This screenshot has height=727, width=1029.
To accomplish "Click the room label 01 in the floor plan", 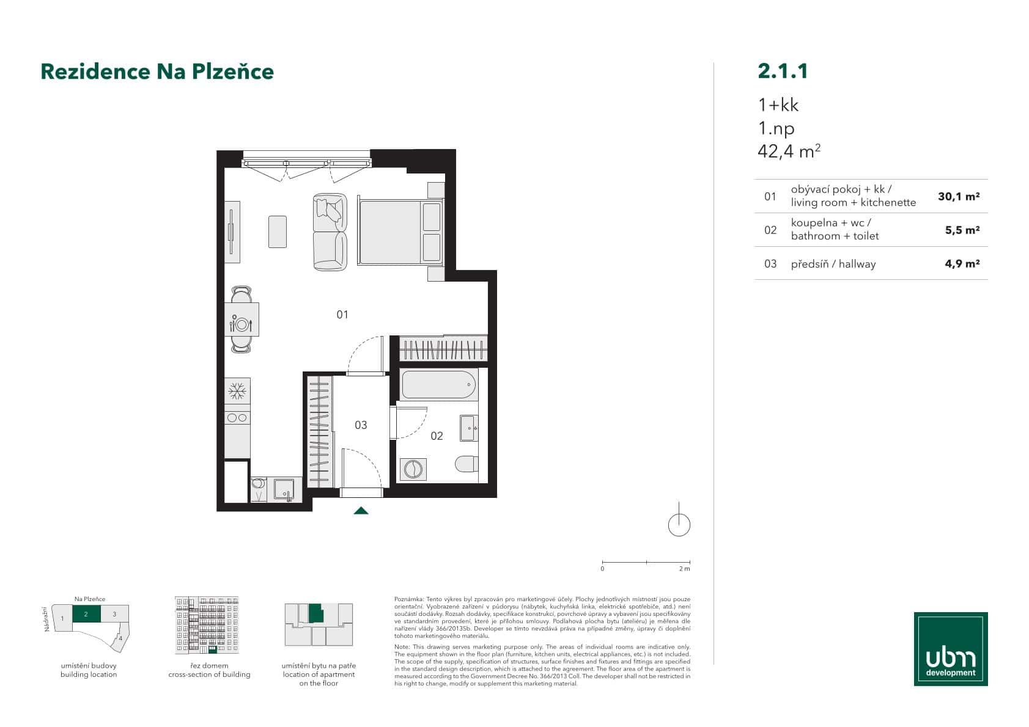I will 342,315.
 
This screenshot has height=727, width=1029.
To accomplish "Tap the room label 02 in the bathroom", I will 437,436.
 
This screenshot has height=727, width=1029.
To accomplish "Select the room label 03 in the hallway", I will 361,425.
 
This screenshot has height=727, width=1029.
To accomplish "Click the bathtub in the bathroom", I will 438,385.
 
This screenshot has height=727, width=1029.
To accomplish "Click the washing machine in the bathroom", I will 413,469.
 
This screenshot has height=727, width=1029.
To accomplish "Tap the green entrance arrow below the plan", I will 361,511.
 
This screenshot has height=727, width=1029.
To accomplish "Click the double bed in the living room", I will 400,232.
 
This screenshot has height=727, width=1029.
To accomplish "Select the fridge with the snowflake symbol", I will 237,390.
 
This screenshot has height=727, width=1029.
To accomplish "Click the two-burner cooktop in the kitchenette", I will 237,418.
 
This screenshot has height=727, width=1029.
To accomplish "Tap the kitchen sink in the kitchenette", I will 284,489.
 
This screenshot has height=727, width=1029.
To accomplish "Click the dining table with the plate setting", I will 242,320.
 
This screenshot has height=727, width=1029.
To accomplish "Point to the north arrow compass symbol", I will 679,524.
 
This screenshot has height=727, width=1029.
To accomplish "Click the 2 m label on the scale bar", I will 684,569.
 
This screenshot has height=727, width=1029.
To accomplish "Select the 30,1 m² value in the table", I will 958,197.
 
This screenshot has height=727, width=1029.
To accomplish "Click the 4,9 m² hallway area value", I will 962,264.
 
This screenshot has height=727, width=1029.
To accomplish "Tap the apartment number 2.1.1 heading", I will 783,71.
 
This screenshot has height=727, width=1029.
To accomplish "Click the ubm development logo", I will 950,648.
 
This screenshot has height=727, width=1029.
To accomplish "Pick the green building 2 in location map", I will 86,614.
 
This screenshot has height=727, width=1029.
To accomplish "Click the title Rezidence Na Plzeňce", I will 157,71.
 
